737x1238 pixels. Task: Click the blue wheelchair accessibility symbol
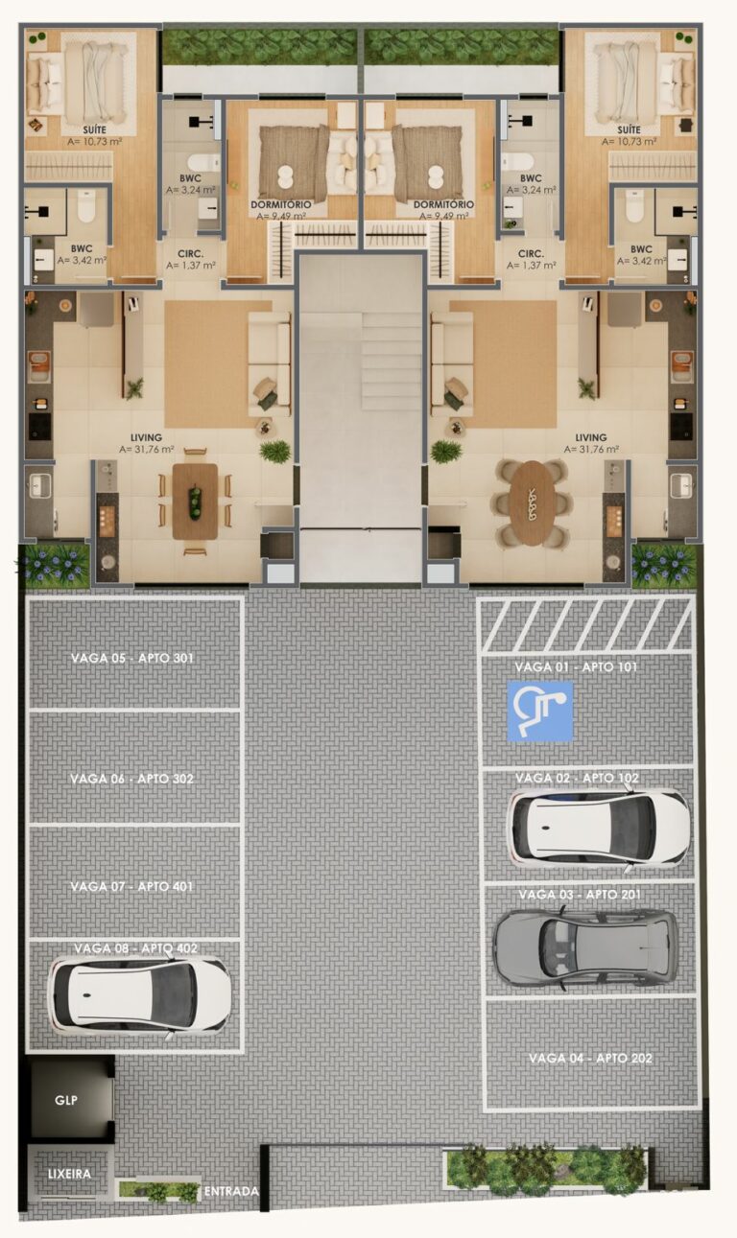pyautogui.click(x=539, y=711)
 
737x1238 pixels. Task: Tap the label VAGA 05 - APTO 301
pyautogui.click(x=132, y=659)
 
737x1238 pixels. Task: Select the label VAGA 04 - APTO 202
pyautogui.click(x=590, y=1059)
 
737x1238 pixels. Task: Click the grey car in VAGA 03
pyautogui.click(x=585, y=947)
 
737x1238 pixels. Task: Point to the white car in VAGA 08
pyautogui.click(x=139, y=995)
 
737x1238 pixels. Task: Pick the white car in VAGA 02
pyautogui.click(x=598, y=827)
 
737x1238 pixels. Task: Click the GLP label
pyautogui.click(x=65, y=1101)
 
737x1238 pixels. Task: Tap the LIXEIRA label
pyautogui.click(x=69, y=1174)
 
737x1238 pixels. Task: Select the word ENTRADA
pyautogui.click(x=230, y=1192)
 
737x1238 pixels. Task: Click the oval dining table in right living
pyautogui.click(x=528, y=502)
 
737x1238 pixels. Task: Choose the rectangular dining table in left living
pyautogui.click(x=195, y=502)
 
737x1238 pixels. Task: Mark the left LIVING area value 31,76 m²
pyautogui.click(x=147, y=449)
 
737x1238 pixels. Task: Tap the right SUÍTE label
pyautogui.click(x=629, y=129)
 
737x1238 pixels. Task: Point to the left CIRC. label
pyautogui.click(x=189, y=255)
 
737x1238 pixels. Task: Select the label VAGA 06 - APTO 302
pyautogui.click(x=132, y=779)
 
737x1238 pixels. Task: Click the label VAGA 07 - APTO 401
pyautogui.click(x=132, y=887)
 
